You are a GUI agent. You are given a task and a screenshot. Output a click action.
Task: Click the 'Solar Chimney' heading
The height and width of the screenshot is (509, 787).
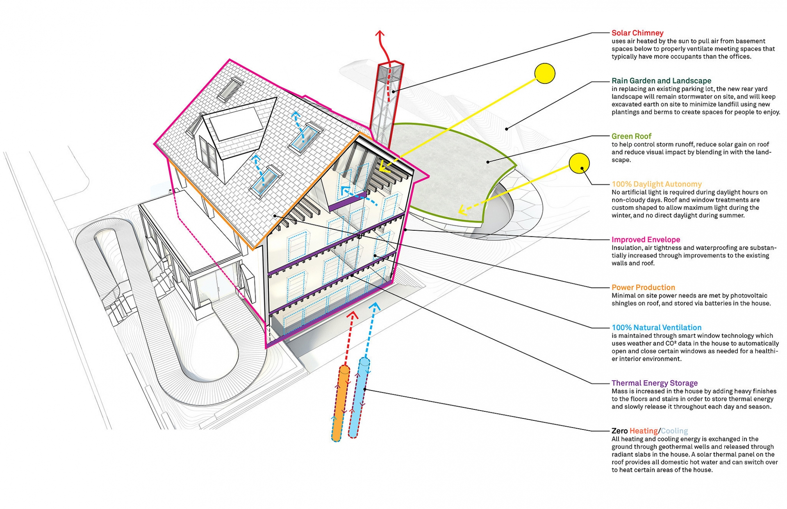(637, 33)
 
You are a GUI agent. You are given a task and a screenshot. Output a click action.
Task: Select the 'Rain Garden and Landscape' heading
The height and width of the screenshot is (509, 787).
(661, 81)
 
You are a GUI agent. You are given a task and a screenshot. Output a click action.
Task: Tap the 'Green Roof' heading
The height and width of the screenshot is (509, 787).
(631, 136)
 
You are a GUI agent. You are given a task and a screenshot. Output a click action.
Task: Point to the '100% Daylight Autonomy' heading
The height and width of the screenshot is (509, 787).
(657, 184)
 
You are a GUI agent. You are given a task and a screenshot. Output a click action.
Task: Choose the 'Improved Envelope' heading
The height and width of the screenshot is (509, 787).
(646, 239)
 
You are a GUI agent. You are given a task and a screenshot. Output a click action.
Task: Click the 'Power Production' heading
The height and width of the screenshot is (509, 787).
(643, 287)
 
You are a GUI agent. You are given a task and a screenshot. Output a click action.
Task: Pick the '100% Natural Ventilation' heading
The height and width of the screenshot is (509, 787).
(656, 327)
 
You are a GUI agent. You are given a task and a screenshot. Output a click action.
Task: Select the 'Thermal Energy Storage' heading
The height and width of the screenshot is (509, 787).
(654, 383)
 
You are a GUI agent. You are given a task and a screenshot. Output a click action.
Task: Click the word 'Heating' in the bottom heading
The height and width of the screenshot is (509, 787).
(644, 431)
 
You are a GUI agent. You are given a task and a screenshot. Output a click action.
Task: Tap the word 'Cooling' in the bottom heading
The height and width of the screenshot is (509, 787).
(674, 431)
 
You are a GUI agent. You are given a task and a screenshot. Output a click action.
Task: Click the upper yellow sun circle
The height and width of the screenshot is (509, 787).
(545, 74)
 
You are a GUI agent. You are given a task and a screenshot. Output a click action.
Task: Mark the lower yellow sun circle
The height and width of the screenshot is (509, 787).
(579, 163)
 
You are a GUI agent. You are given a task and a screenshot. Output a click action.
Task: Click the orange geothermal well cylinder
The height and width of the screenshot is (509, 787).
(340, 404)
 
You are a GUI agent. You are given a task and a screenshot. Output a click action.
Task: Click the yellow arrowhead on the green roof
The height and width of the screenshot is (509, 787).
(462, 210)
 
